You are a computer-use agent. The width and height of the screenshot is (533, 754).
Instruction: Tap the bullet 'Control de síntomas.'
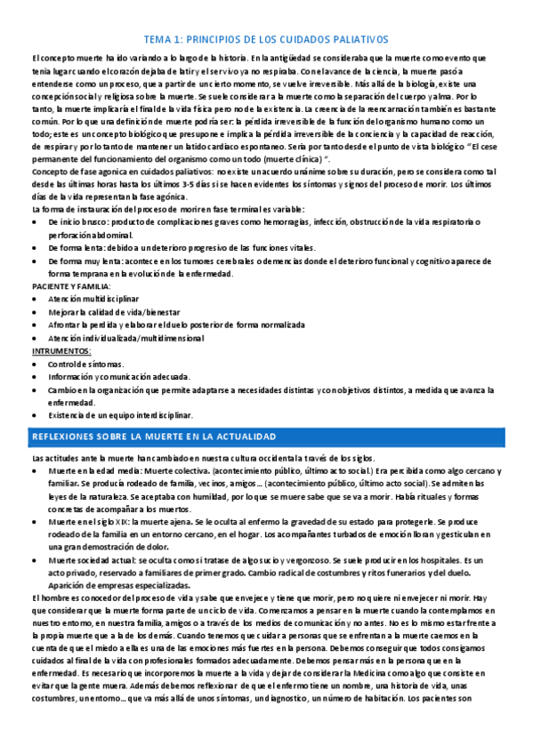pos(86,365)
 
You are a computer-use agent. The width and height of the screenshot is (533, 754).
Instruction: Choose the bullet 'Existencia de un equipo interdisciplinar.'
pos(120,415)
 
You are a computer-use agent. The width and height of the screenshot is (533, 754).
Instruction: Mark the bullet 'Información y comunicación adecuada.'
pos(114,377)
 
